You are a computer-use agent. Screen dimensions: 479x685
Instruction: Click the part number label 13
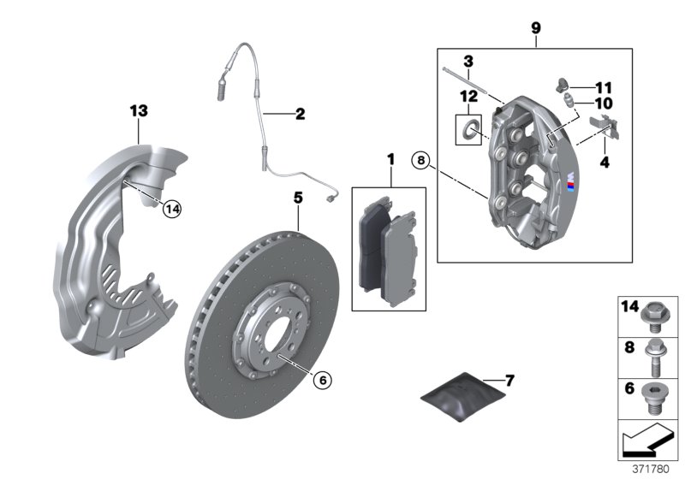(139, 110)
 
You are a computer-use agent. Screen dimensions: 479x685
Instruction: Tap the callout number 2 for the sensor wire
(299, 113)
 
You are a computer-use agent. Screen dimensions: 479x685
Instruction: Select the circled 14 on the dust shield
(173, 206)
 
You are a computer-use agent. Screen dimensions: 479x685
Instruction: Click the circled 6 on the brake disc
(322, 377)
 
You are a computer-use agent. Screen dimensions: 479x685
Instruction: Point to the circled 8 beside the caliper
(420, 159)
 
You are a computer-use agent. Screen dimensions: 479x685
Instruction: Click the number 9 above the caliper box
(535, 29)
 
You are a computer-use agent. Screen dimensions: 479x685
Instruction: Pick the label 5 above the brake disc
(297, 198)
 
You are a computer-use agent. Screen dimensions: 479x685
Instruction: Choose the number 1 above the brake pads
(390, 159)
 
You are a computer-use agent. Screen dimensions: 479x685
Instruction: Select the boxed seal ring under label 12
(468, 130)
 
